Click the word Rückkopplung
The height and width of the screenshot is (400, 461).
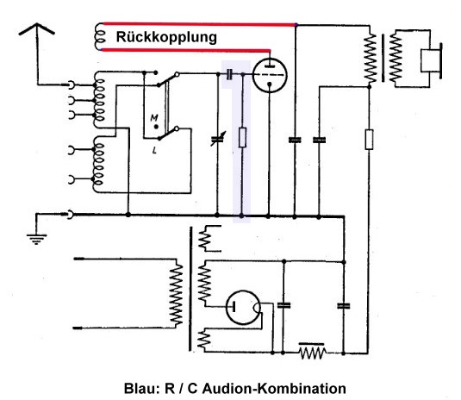click(x=166, y=38)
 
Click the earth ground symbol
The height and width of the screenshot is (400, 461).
click(x=36, y=239)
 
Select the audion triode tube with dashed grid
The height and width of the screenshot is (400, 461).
click(x=270, y=75)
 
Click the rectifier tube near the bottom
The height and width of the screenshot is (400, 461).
click(x=243, y=308)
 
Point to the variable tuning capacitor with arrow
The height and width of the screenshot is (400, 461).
click(x=218, y=139)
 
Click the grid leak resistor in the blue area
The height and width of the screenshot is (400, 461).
click(x=242, y=137)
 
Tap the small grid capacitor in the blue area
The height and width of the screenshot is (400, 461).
click(x=229, y=74)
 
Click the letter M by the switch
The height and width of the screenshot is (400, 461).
click(x=154, y=118)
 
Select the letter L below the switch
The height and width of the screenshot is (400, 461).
click(x=154, y=150)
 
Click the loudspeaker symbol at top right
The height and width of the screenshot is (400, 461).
click(x=431, y=60)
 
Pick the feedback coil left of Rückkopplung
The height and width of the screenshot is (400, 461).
click(x=99, y=37)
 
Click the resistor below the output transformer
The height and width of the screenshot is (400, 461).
click(x=369, y=139)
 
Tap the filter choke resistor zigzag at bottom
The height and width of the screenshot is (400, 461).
click(x=312, y=352)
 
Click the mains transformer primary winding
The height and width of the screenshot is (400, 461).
click(x=176, y=294)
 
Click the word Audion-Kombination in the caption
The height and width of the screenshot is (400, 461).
click(x=274, y=388)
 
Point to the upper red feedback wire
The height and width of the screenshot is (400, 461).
click(x=199, y=24)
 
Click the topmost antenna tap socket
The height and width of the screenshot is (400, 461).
click(x=72, y=85)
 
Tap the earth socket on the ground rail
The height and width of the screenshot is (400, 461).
click(x=71, y=215)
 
